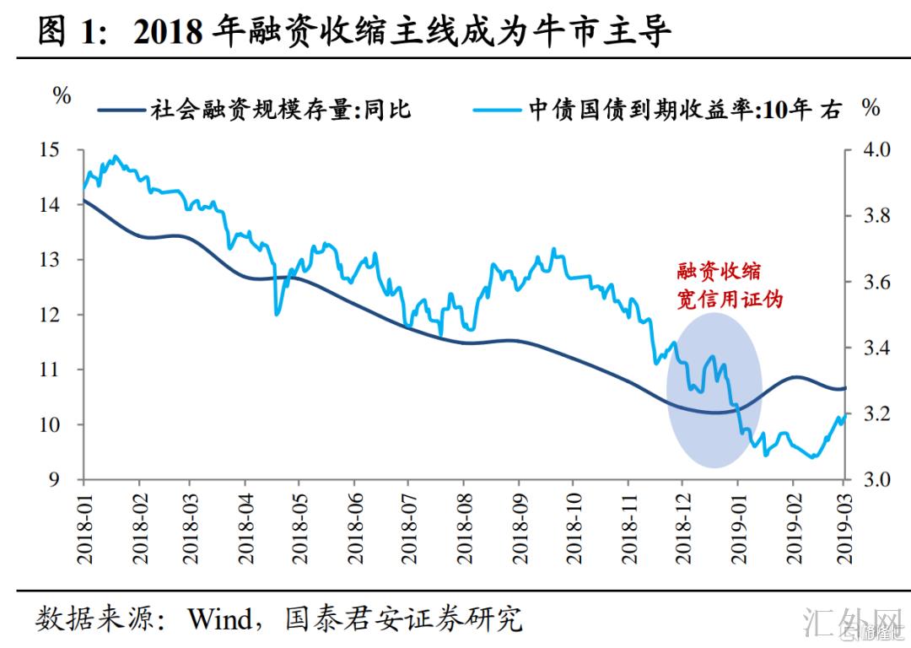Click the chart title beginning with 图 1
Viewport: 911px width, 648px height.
click(354, 32)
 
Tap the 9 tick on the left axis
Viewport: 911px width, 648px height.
click(55, 479)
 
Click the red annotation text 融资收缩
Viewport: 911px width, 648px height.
click(719, 272)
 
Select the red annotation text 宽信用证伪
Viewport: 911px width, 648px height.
click(730, 300)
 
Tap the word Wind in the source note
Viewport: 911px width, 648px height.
click(218, 620)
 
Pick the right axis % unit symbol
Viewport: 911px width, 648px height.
click(871, 108)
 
